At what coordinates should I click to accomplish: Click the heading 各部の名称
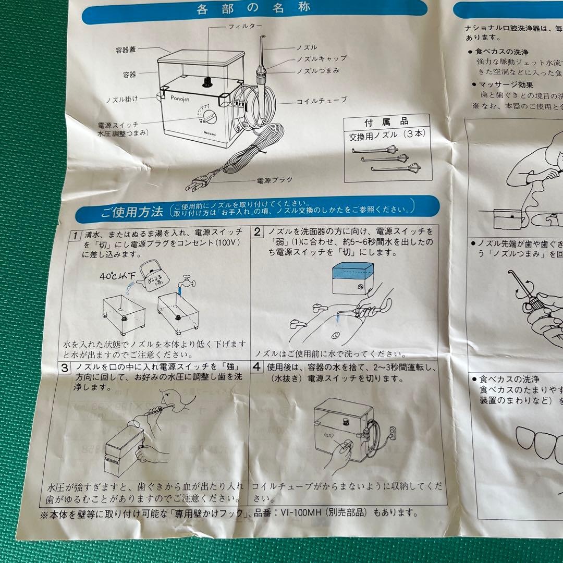pyautogui.click(x=254, y=8)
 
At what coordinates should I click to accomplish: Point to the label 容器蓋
pyautogui.click(x=126, y=51)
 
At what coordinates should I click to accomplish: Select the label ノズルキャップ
pyautogui.click(x=322, y=58)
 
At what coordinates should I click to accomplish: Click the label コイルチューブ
pyautogui.click(x=322, y=100)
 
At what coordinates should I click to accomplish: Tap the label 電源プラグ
pyautogui.click(x=275, y=180)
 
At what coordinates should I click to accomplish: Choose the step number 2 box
pyautogui.click(x=258, y=231)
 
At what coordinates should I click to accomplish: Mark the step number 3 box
pyautogui.click(x=64, y=368)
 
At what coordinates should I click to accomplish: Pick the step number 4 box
pyautogui.click(x=257, y=366)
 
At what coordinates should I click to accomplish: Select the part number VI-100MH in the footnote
pyautogui.click(x=287, y=512)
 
